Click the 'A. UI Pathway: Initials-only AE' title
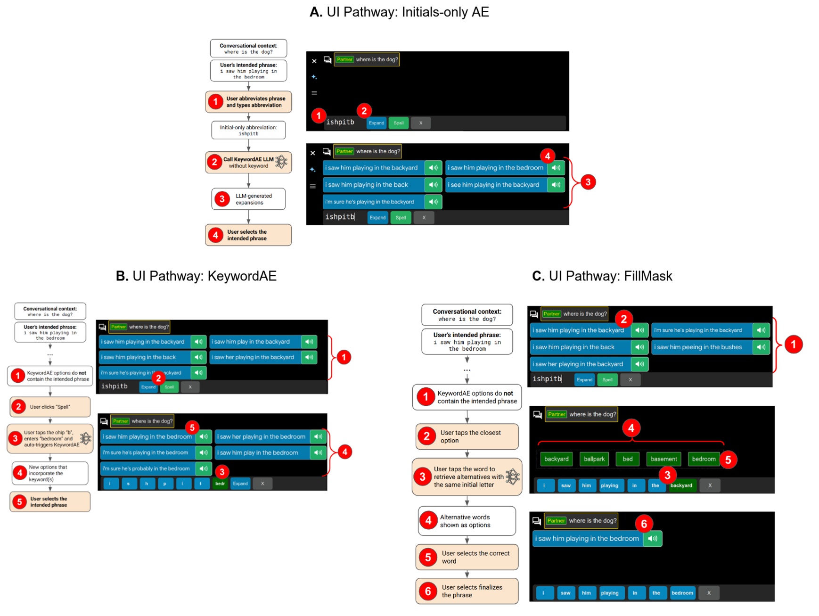click(399, 12)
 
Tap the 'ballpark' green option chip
click(594, 459)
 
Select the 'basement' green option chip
click(663, 459)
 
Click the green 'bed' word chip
click(627, 459)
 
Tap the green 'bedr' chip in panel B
click(220, 483)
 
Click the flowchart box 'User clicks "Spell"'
click(50, 407)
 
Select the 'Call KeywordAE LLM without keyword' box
click(248, 163)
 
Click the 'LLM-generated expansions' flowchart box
click(248, 199)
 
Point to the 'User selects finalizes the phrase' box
click(467, 591)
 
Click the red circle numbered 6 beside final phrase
click(644, 524)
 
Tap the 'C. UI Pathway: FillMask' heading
click(602, 276)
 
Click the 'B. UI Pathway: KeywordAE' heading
click(196, 276)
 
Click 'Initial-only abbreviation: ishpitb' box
click(248, 130)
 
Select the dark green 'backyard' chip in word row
click(681, 485)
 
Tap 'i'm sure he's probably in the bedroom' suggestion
click(147, 468)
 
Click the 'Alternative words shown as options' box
click(467, 521)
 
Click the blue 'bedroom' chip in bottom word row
click(682, 593)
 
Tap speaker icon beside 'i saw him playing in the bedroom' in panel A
click(556, 168)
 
